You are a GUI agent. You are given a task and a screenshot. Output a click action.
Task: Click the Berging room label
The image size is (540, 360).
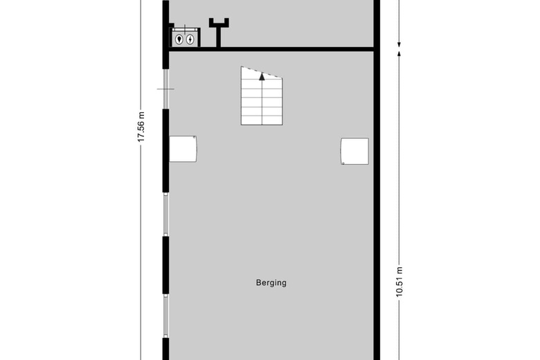pyautogui.click(x=271, y=283)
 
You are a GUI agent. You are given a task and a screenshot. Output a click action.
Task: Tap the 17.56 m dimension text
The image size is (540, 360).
pyautogui.click(x=141, y=127)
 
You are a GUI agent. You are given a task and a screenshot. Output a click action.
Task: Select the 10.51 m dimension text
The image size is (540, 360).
pyautogui.click(x=399, y=282)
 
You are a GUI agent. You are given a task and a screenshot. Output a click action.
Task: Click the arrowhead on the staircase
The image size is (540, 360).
pyautogui.click(x=262, y=76)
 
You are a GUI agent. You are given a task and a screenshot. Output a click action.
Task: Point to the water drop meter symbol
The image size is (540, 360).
pyautogui.click(x=179, y=39)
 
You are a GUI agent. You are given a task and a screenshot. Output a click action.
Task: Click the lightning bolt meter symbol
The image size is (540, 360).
pyautogui.click(x=190, y=39)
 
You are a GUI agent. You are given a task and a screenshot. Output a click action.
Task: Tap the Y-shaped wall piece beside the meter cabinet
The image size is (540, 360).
pyautogui.click(x=219, y=33)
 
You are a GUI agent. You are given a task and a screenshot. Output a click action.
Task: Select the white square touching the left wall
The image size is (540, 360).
pyautogui.click(x=183, y=149)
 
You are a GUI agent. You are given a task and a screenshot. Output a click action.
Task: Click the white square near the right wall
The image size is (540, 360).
pyautogui.click(x=354, y=151)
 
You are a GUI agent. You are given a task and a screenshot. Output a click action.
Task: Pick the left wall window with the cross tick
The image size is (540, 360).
pyautogui.click(x=165, y=89)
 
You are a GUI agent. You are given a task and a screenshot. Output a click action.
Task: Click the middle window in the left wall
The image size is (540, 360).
pyautogui.click(x=165, y=215)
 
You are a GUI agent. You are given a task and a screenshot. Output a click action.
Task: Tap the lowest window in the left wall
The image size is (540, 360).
pyautogui.click(x=165, y=316)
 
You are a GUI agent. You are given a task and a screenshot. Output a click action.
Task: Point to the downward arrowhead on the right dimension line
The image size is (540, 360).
pyautogui.click(x=399, y=44)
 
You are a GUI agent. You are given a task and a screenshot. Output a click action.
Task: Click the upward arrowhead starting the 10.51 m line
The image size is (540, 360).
pyautogui.click(x=399, y=53)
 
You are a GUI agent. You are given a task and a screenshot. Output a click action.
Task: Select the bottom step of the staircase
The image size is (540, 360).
pyautogui.click(x=262, y=120)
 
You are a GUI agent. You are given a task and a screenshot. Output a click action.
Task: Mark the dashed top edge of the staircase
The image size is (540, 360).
pyautogui.click(x=262, y=72)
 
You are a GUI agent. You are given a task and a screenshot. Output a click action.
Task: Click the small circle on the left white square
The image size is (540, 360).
pyautogui.click(x=195, y=138)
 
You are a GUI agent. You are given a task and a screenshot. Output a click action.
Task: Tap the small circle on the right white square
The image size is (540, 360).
pyautogui.click(x=343, y=163)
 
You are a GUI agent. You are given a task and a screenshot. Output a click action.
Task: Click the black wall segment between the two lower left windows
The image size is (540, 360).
pyautogui.click(x=165, y=265)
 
